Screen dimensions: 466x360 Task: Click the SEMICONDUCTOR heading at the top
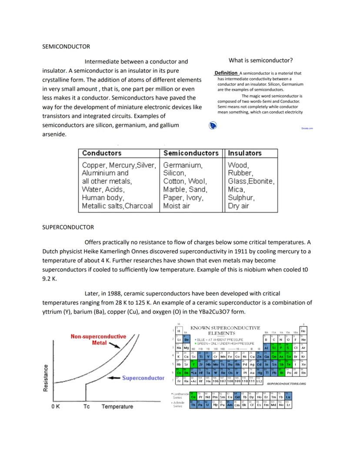point(66,46)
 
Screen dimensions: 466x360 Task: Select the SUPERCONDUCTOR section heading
point(68,227)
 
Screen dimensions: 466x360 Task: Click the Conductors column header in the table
point(102,153)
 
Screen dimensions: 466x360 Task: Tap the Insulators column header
point(245,153)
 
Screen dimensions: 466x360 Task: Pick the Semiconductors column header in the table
point(191,153)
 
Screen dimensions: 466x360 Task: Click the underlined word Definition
point(226,73)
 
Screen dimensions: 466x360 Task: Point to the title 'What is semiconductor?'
point(260,60)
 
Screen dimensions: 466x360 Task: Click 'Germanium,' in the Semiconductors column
point(183,165)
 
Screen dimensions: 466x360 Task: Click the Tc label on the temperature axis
point(86,406)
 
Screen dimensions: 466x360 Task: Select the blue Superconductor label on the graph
point(143,378)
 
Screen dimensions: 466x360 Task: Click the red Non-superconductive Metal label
point(98,339)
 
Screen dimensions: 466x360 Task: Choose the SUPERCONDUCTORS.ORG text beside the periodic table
point(286,384)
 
